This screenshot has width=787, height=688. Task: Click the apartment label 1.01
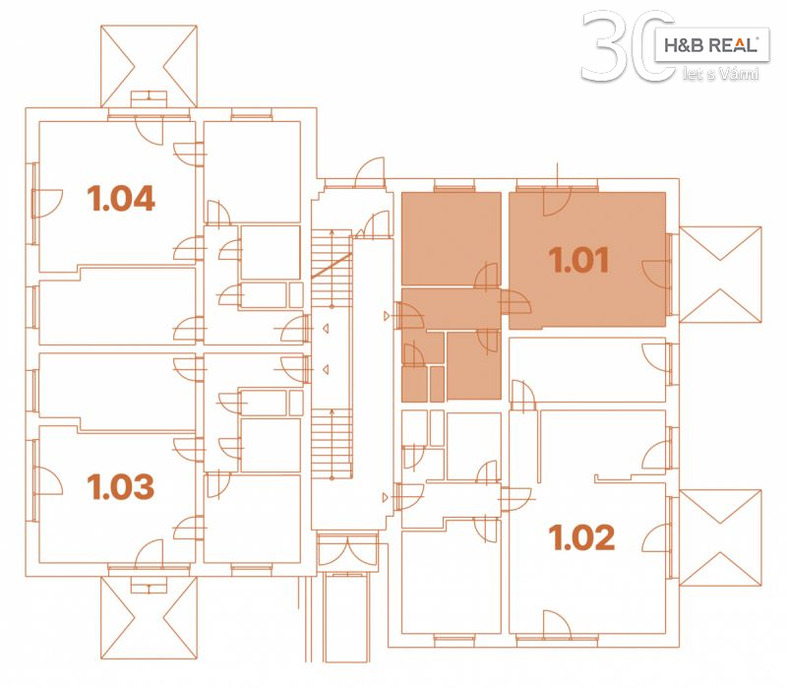tap(578, 260)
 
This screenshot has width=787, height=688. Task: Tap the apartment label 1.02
tap(581, 537)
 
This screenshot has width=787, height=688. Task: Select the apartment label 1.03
tap(120, 486)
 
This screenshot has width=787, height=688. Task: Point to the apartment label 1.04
tap(121, 199)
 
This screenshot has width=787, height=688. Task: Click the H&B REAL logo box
tap(711, 45)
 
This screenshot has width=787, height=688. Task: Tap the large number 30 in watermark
tap(628, 46)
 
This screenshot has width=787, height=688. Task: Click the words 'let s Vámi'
tap(720, 74)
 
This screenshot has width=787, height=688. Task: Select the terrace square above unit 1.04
tap(149, 66)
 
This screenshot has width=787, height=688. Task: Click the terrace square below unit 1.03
tap(149, 618)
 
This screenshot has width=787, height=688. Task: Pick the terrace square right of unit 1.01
tap(720, 275)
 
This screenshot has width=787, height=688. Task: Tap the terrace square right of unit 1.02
tap(720, 537)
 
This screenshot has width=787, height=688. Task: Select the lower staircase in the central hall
tap(332, 444)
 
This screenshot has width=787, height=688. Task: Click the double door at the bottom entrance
tap(347, 549)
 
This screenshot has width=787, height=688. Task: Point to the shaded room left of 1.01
tap(451, 238)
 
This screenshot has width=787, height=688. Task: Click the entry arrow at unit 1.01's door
tap(386, 316)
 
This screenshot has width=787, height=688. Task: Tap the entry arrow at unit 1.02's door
tap(386, 498)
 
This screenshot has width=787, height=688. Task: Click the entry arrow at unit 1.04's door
tap(326, 329)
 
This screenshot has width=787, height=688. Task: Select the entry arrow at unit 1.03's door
tap(326, 370)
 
